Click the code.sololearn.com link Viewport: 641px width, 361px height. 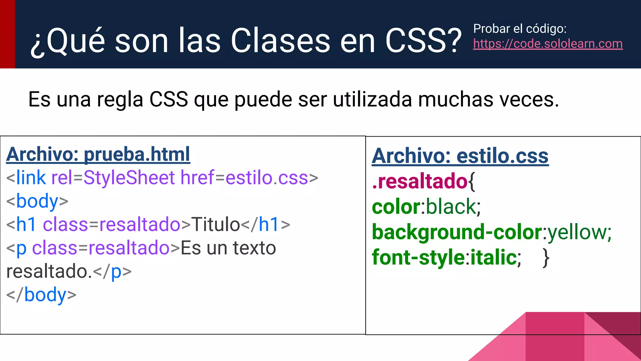pyautogui.click(x=548, y=44)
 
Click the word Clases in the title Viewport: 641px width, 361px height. pyautogui.click(x=280, y=41)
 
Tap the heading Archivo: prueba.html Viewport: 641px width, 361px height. pyautogui.click(x=98, y=154)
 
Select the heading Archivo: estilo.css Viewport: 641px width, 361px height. pyautogui.click(x=460, y=156)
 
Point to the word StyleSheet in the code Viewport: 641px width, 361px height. pyautogui.click(x=129, y=178)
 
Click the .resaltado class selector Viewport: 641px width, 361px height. pyautogui.click(x=419, y=181)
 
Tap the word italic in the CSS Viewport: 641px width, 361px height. pyautogui.click(x=494, y=257)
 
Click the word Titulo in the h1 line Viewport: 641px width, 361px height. pyautogui.click(x=215, y=224)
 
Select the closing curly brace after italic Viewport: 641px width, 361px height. pyautogui.click(x=546, y=258)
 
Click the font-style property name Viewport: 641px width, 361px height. pyautogui.click(x=418, y=257)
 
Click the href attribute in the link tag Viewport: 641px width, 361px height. pyautogui.click(x=197, y=178)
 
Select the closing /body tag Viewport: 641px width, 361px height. pyautogui.click(x=41, y=295)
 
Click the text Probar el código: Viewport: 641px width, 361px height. pyautogui.click(x=520, y=29)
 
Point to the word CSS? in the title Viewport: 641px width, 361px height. pyautogui.click(x=423, y=41)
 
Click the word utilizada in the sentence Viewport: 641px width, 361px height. pyautogui.click(x=372, y=100)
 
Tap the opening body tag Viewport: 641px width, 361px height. pyautogui.click(x=37, y=201)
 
